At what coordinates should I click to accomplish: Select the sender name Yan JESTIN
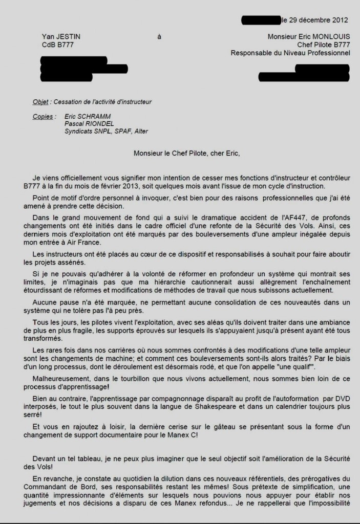(61, 36)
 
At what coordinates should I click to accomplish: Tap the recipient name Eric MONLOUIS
(323, 36)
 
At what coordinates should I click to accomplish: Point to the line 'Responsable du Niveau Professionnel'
(290, 52)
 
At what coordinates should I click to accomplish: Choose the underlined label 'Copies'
(43, 117)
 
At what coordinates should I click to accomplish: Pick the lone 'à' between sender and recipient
(159, 36)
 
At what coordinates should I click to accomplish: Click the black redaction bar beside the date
(260, 20)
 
